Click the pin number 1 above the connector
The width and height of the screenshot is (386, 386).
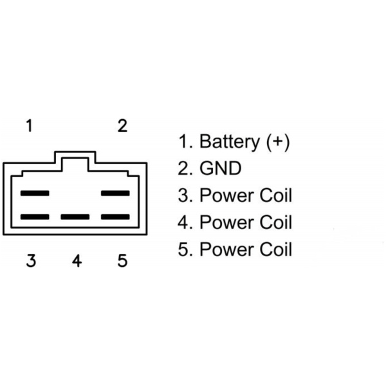tap(28, 125)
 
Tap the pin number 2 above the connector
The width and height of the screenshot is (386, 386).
tap(122, 125)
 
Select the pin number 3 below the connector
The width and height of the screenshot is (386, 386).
tap(30, 261)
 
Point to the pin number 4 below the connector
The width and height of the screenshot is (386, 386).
tap(77, 261)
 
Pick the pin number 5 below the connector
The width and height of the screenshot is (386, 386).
tap(122, 261)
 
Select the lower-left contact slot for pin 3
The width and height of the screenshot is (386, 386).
tap(35, 217)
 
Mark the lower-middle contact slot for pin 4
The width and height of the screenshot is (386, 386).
tap(75, 217)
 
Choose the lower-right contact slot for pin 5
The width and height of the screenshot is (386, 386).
tap(116, 217)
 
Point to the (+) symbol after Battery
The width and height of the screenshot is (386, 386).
tap(277, 142)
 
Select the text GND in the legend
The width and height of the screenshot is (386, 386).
tap(221, 169)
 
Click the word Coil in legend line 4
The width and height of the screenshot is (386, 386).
tap(276, 222)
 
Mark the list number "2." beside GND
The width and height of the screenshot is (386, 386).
tap(185, 169)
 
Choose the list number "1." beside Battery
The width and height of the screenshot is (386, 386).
tap(185, 142)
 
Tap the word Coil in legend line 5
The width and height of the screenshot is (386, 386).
tap(276, 249)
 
